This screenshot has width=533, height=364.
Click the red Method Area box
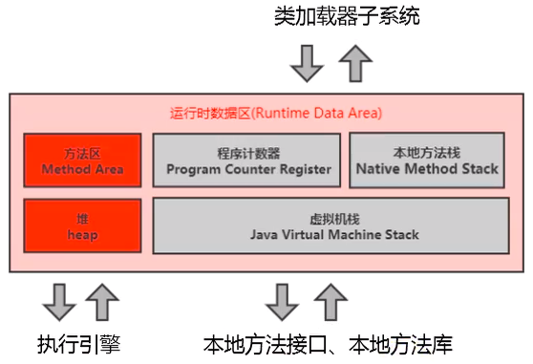pyautogui.click(x=82, y=161)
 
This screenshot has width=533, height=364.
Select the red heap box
pyautogui.click(x=82, y=225)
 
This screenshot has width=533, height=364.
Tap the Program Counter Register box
pyautogui.click(x=247, y=161)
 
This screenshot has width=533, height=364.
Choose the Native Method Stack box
pyautogui.click(x=426, y=161)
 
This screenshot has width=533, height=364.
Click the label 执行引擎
pyautogui.click(x=79, y=344)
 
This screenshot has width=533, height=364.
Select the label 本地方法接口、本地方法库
pyautogui.click(x=327, y=344)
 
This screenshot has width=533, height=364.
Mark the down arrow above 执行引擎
pyautogui.click(x=57, y=302)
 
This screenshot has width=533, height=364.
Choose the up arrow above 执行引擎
pyautogui.click(x=103, y=300)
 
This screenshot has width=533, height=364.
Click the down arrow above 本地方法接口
pyautogui.click(x=282, y=302)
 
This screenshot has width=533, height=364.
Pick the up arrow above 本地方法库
pyautogui.click(x=330, y=300)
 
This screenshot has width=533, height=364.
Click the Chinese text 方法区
pyautogui.click(x=82, y=152)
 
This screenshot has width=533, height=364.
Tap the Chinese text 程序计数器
pyautogui.click(x=247, y=152)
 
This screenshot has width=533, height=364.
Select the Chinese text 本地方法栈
pyautogui.click(x=426, y=152)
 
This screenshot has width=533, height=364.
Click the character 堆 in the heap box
pyautogui.click(x=82, y=218)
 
